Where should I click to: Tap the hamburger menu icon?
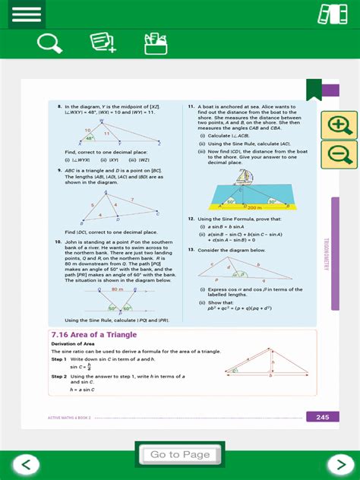click(26, 14)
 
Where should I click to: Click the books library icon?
click(332, 14)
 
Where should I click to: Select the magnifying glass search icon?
click(49, 43)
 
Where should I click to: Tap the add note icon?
click(102, 43)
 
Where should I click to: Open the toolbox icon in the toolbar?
click(155, 43)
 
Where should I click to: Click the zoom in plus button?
click(339, 125)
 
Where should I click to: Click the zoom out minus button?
click(339, 154)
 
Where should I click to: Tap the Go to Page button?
click(180, 454)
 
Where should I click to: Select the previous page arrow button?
click(26, 464)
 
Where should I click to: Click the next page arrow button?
click(336, 464)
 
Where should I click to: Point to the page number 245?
click(322, 417)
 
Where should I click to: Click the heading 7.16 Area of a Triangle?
click(93, 334)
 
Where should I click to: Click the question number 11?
click(191, 107)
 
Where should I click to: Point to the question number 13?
click(191, 249)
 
